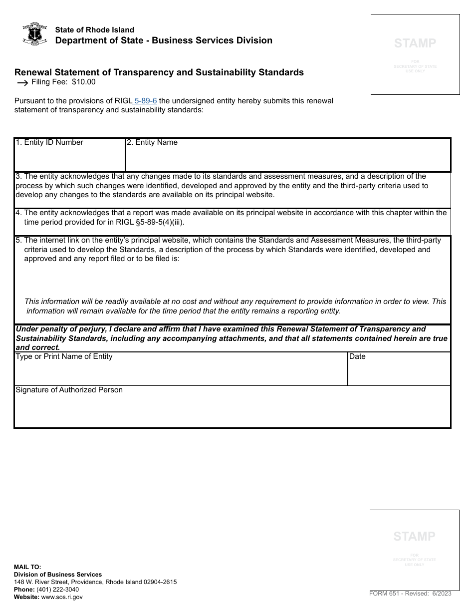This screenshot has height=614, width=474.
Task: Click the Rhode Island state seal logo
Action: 35,34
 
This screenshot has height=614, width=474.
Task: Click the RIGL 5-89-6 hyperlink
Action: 146,101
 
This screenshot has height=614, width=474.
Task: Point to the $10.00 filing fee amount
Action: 83,82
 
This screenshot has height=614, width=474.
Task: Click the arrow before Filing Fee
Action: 22,83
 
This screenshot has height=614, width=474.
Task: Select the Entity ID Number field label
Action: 49,142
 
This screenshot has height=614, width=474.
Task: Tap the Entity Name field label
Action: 152,142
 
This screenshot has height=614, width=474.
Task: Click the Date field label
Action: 357,356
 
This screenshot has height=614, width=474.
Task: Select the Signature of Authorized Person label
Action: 69,390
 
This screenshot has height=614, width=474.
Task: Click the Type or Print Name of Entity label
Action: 64,356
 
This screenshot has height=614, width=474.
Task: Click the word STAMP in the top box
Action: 415,43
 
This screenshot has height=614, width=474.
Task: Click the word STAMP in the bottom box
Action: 414,537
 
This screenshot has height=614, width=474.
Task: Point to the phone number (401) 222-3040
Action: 57,590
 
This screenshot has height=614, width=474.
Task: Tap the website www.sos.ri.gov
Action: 62,597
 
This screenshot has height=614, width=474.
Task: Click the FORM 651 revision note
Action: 410,594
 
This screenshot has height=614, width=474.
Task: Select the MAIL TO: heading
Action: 27,567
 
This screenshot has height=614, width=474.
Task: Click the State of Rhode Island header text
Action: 94,30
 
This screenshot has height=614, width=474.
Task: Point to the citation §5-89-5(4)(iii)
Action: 156,222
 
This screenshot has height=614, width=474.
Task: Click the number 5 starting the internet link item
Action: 18,240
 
